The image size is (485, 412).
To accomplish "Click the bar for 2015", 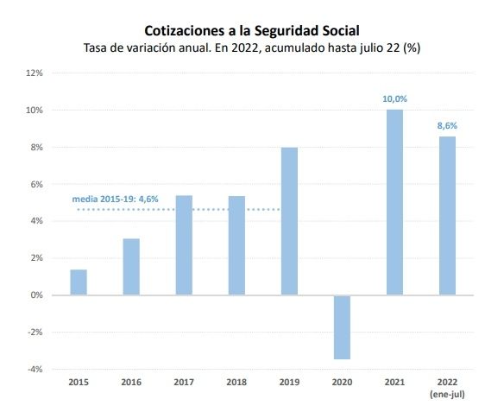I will pyautogui.click(x=79, y=282).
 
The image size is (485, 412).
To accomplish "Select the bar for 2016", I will pyautogui.click(x=131, y=267).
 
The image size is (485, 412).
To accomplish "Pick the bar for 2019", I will pyautogui.click(x=289, y=221).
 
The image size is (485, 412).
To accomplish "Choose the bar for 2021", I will pyautogui.click(x=394, y=202).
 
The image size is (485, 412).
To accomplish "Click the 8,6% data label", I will pyautogui.click(x=447, y=125).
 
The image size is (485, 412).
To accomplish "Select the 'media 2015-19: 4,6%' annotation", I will pyautogui.click(x=115, y=200).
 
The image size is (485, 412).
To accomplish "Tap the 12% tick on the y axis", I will pyautogui.click(x=35, y=73).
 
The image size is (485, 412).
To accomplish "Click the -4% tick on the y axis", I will pyautogui.click(x=35, y=369).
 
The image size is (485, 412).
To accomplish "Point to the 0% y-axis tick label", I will pyautogui.click(x=37, y=295).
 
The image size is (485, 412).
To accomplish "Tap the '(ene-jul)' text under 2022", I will pyautogui.click(x=447, y=395).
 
